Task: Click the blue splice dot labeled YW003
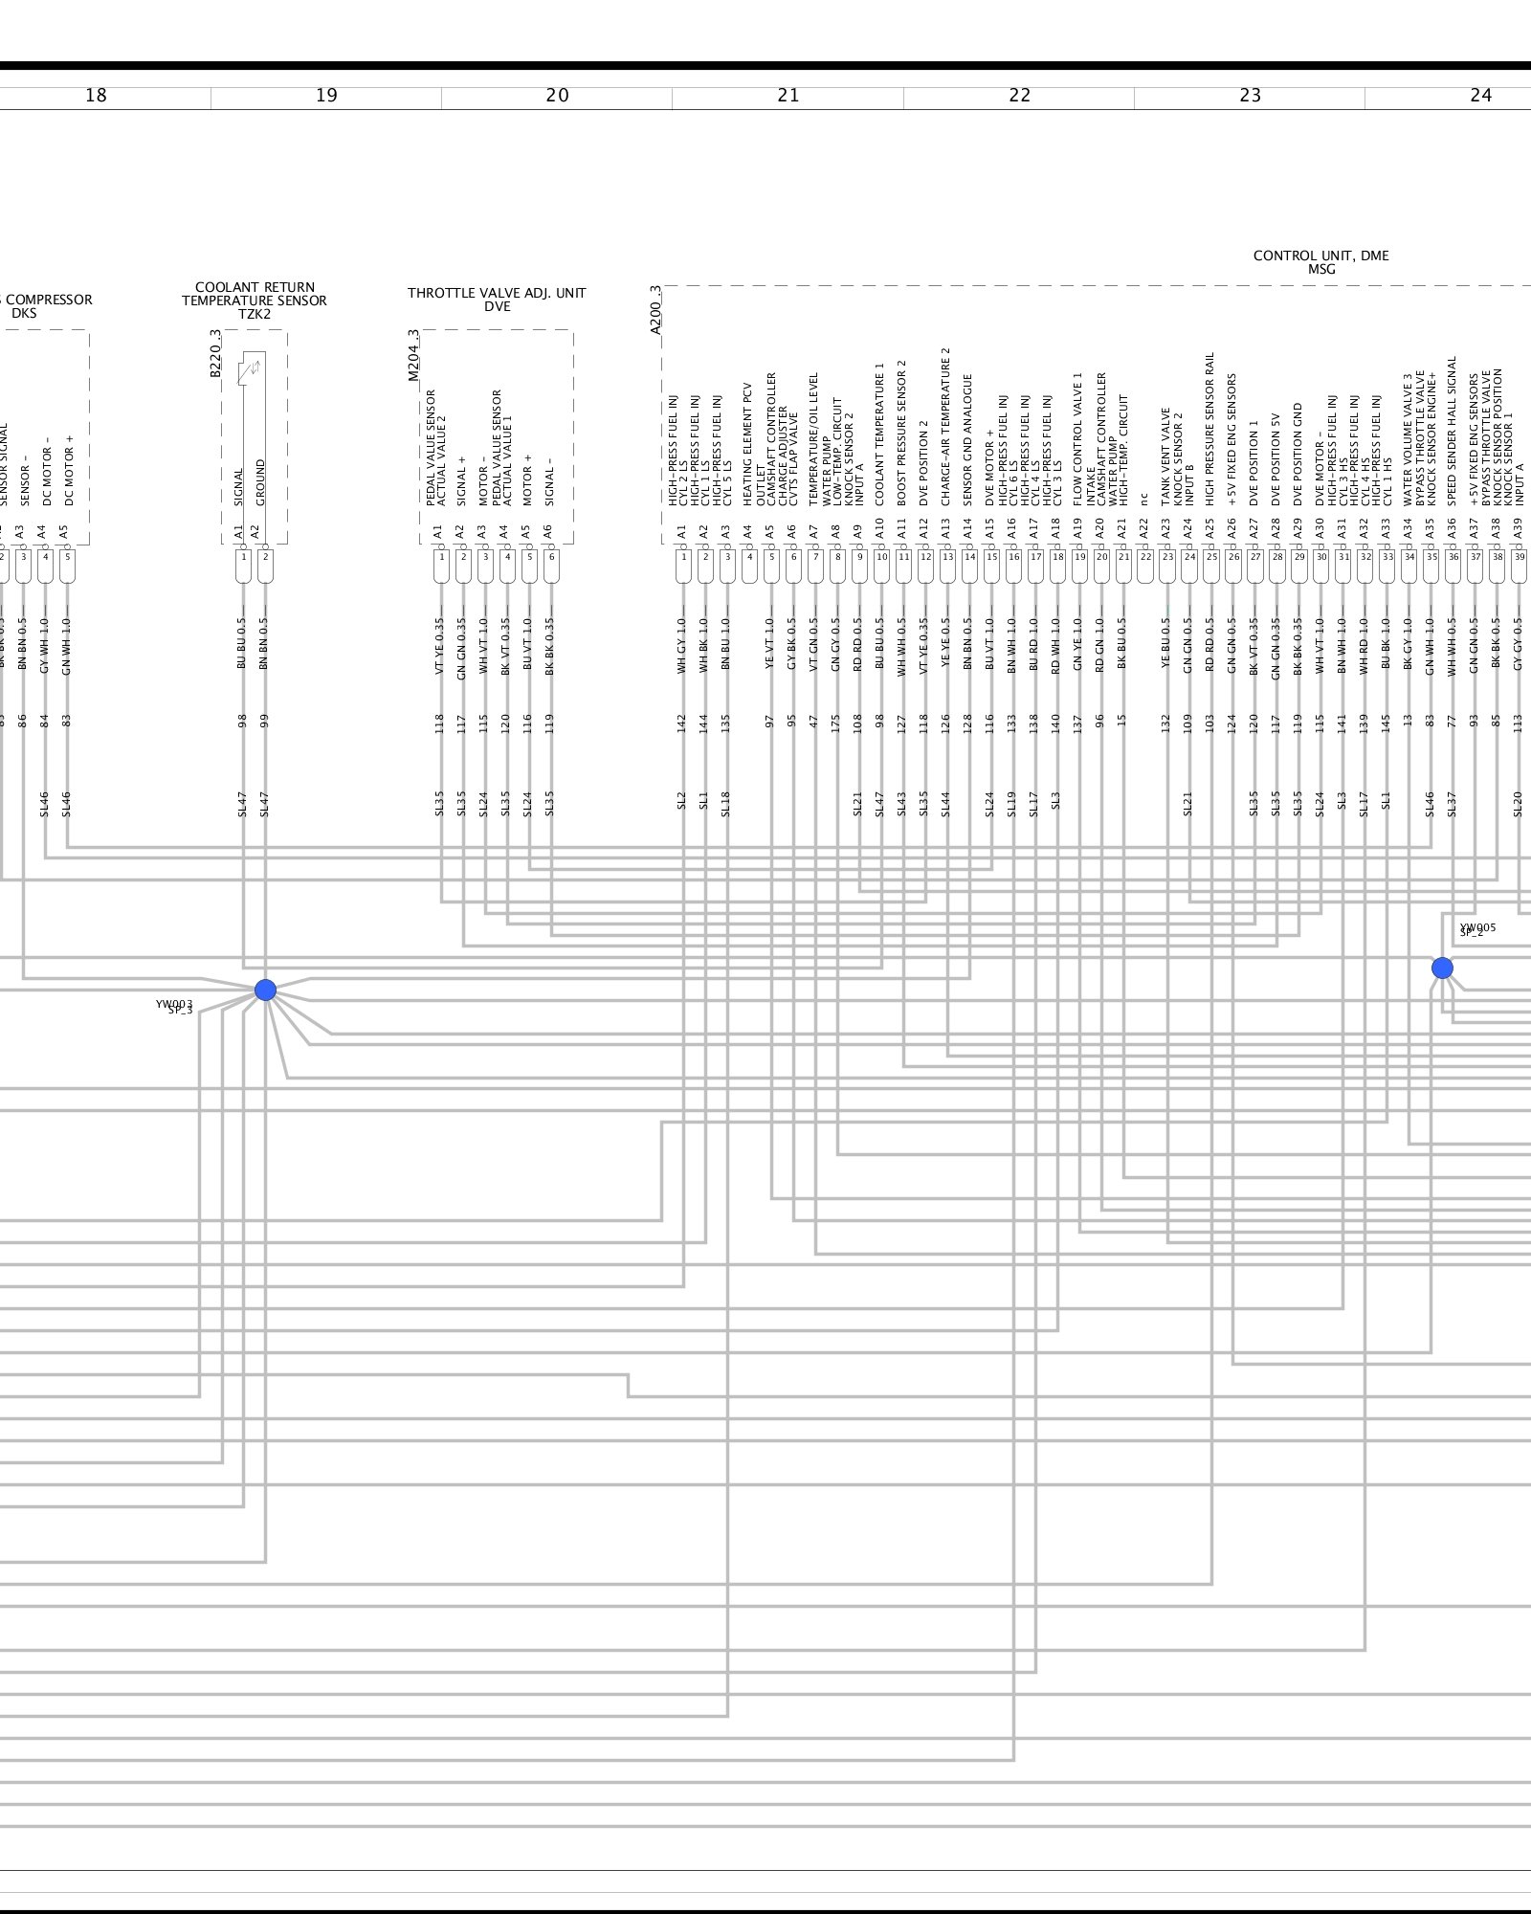[265, 990]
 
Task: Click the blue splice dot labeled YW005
[1442, 968]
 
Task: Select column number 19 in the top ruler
[326, 96]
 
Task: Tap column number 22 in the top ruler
[1019, 96]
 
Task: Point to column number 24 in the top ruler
[1480, 96]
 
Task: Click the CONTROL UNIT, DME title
[1320, 256]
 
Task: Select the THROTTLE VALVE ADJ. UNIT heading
[497, 293]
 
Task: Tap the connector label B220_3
[215, 353]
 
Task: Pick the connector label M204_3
[413, 355]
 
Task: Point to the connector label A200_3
[655, 308]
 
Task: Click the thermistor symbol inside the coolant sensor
[254, 368]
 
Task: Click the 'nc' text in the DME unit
[1143, 499]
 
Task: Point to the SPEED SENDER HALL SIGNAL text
[1452, 431]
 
